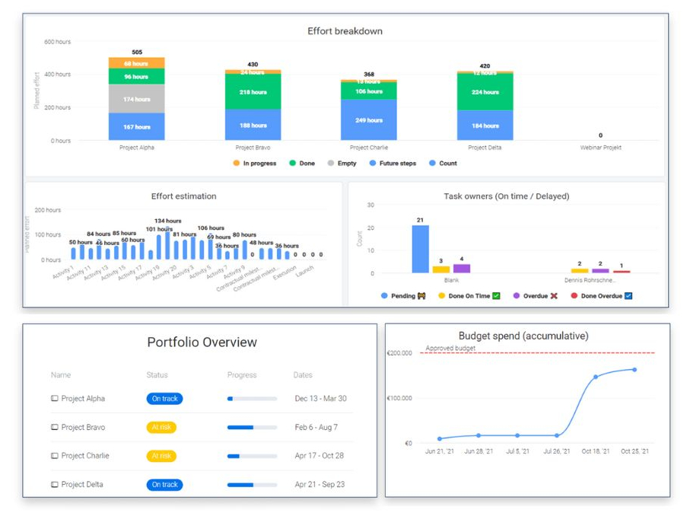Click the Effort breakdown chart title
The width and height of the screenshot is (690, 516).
coord(345,31)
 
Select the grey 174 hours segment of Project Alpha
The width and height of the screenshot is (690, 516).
coord(137,99)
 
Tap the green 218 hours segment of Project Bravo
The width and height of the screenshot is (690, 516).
coord(253,92)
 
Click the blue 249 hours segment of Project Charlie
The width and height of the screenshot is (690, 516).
coord(369,119)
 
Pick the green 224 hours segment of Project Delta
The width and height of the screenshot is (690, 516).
coord(485,92)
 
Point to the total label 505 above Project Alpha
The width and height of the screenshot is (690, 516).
coord(137,53)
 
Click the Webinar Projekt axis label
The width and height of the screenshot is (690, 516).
coord(601,148)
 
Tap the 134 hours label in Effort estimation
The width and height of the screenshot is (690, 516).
coord(167,221)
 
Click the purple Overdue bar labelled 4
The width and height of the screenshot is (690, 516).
coord(462,268)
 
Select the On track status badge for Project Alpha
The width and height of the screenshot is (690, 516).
coord(164,399)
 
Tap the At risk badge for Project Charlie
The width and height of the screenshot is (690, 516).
coord(161,456)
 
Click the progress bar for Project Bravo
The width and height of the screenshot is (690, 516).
coord(252,428)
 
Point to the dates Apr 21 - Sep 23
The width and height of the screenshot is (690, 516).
coord(320,485)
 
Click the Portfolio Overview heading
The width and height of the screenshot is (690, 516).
coord(202,342)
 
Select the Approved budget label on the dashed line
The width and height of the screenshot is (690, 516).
coord(450,349)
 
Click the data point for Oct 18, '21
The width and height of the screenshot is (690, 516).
coord(596,377)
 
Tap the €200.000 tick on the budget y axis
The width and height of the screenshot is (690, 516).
coord(399,353)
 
